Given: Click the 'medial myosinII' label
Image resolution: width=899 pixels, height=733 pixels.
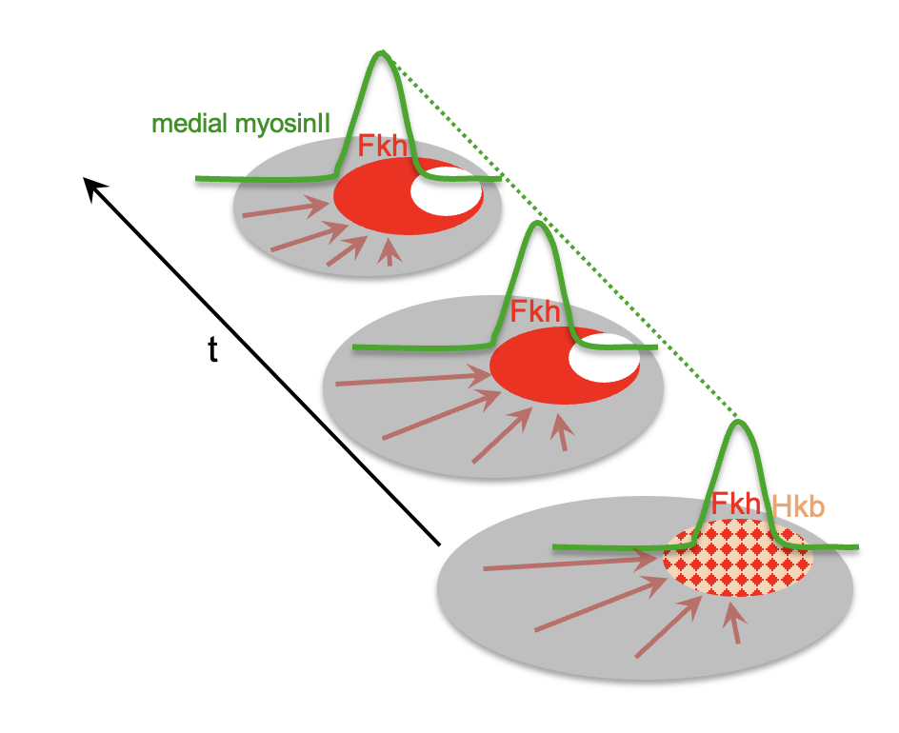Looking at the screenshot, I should pyautogui.click(x=239, y=125).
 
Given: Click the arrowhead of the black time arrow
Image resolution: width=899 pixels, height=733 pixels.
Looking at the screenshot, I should pyautogui.click(x=90, y=187).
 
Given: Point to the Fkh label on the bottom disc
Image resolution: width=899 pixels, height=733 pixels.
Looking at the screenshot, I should pyautogui.click(x=736, y=504).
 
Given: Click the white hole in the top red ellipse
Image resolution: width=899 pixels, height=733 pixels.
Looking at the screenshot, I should pyautogui.click(x=442, y=188).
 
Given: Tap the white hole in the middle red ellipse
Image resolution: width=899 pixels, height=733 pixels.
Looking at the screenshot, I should pyautogui.click(x=600, y=358).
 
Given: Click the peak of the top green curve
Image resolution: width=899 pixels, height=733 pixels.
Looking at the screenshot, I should pyautogui.click(x=382, y=53).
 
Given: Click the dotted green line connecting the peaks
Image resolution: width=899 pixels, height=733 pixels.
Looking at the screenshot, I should pyautogui.click(x=562, y=238).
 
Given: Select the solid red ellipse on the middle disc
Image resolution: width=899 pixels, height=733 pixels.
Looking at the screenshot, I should pyautogui.click(x=529, y=366).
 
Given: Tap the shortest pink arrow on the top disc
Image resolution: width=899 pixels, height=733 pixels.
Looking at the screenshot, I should pyautogui.click(x=389, y=252).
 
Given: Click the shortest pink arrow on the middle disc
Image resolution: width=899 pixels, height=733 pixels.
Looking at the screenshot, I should pyautogui.click(x=563, y=433).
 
